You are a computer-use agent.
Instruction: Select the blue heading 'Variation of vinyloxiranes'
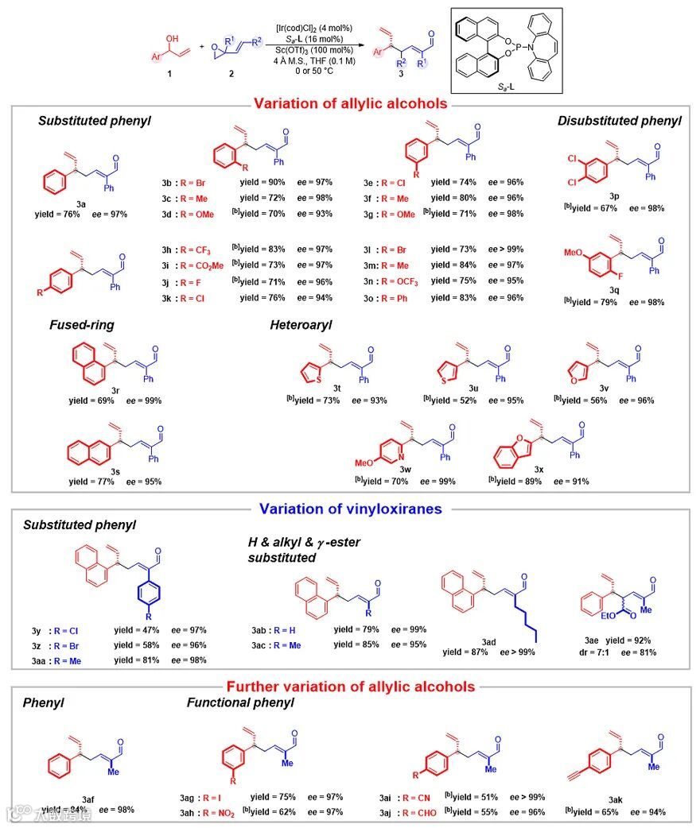point(351,509)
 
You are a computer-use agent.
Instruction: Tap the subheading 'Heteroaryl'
point(300,325)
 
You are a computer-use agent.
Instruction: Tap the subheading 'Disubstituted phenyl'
point(619,121)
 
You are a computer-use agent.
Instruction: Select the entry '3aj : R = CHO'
point(409,811)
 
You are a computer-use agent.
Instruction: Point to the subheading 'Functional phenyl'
point(240,702)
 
